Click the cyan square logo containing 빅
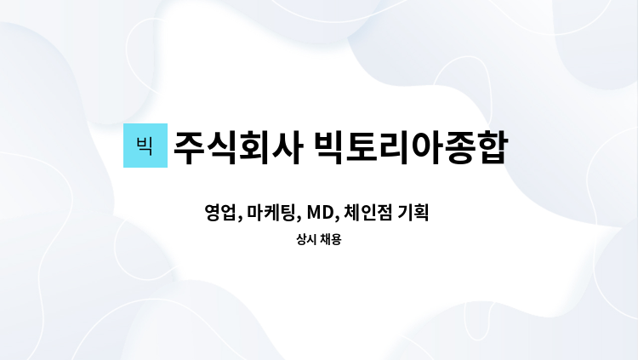145,146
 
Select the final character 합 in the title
493,147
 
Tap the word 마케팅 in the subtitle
271,213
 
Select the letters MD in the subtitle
320,213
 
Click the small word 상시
306,239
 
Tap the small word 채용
330,239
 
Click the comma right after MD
338,219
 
